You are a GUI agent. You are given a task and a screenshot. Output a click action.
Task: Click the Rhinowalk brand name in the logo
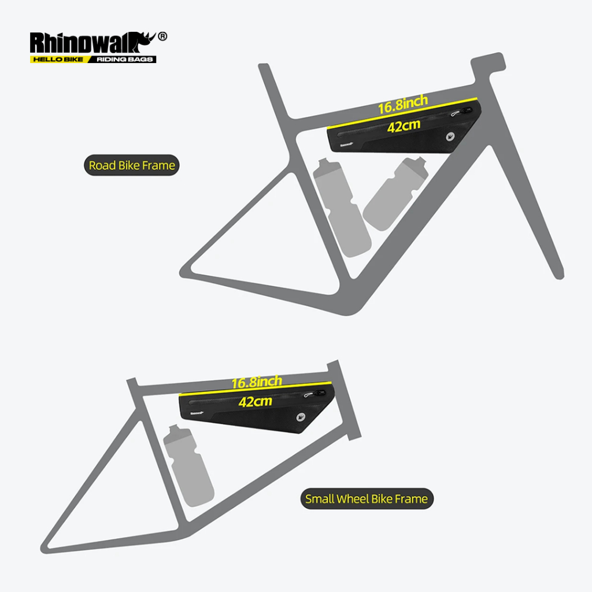click(x=92, y=42)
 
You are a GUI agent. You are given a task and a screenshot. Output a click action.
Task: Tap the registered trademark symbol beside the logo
click(x=162, y=36)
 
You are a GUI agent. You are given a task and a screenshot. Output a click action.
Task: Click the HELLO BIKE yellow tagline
click(x=58, y=60)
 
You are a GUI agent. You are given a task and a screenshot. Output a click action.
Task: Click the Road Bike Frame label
click(x=132, y=165)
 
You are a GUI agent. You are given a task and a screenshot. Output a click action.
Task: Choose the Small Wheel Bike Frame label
click(x=367, y=499)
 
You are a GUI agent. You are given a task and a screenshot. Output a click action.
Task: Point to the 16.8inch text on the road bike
click(x=403, y=104)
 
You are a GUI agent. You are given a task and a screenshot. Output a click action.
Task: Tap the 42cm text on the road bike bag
click(x=404, y=126)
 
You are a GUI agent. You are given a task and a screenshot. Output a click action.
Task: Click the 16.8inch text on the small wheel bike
click(x=257, y=382)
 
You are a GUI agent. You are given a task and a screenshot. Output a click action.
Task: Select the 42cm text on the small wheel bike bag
click(x=255, y=401)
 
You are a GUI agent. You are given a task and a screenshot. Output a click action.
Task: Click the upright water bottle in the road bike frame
click(x=342, y=208)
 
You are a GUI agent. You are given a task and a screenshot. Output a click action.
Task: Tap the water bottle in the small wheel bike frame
click(x=188, y=466)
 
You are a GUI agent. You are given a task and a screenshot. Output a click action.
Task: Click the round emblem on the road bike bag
click(x=450, y=136)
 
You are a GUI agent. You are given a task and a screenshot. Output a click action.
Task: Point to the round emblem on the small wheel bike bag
click(x=301, y=417)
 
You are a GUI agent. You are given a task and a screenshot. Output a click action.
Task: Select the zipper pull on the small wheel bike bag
click(x=314, y=394)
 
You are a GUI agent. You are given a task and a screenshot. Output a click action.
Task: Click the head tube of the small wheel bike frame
click(x=345, y=400)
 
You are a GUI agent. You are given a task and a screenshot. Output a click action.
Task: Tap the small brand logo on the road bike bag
click(x=346, y=145)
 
